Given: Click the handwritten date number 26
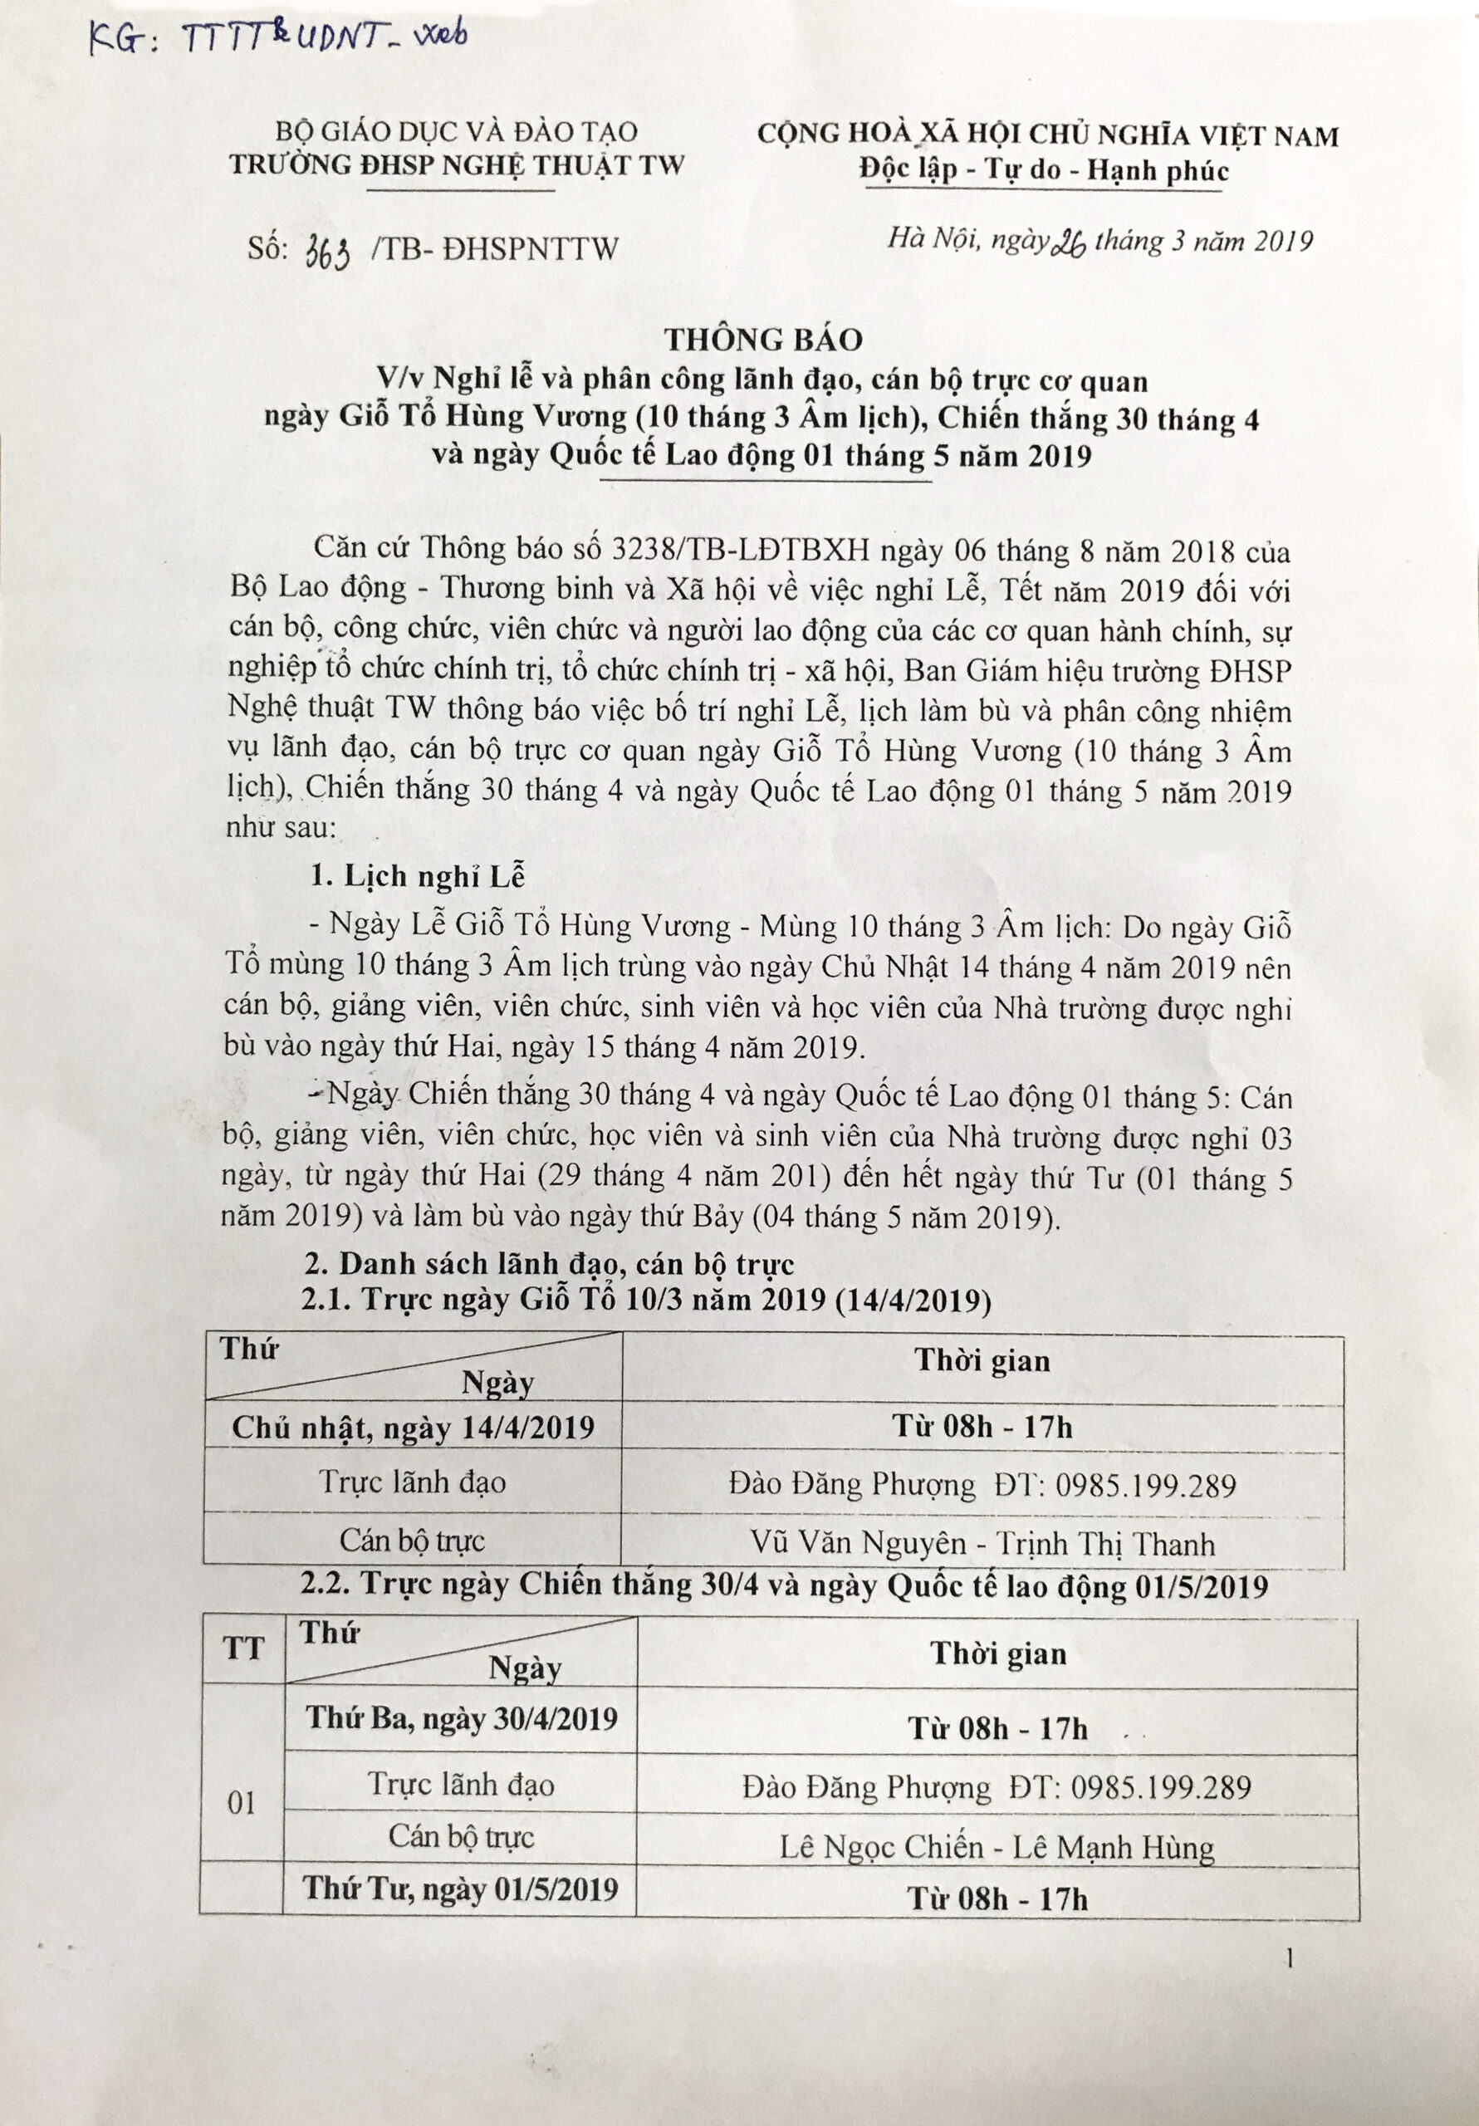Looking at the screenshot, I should [1069, 242].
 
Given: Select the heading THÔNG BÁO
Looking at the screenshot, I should [762, 340].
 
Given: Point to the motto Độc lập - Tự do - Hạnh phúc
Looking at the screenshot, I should [1044, 170].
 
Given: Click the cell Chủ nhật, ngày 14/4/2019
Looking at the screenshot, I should [413, 1427].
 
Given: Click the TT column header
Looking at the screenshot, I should [242, 1649].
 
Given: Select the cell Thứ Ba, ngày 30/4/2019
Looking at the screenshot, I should [461, 1717].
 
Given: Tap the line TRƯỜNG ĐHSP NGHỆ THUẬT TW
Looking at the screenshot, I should [458, 164].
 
